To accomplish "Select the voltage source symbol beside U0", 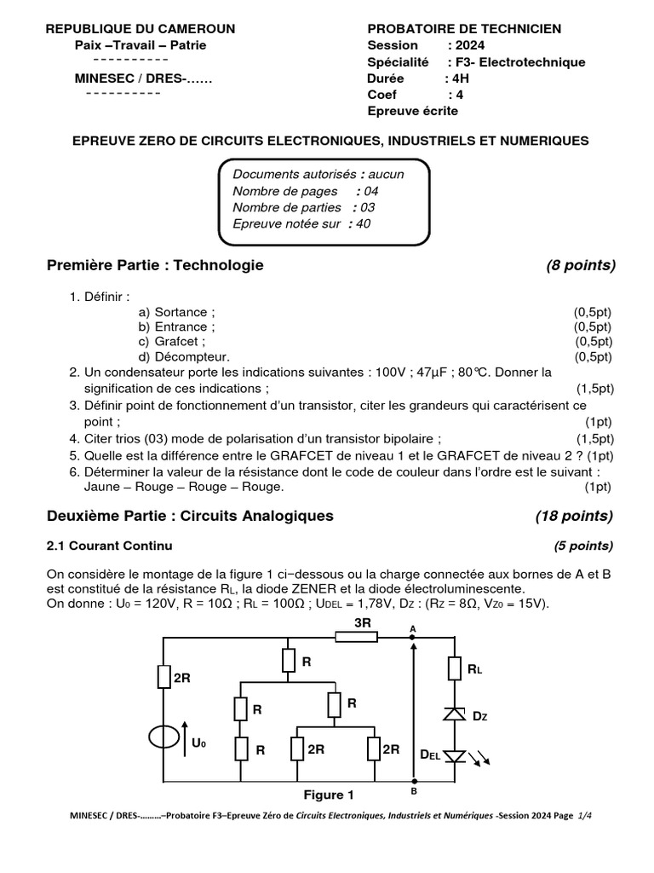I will pos(163,738).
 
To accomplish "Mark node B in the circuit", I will pos(414,781).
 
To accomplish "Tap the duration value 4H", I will pos(460,78).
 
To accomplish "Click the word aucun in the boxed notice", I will pos(386,174).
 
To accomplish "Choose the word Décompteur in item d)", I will pos(192,356).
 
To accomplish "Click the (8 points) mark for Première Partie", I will pos(580,265).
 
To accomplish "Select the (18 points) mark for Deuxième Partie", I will pos(574,516).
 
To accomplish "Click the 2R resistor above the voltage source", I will pos(163,677).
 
